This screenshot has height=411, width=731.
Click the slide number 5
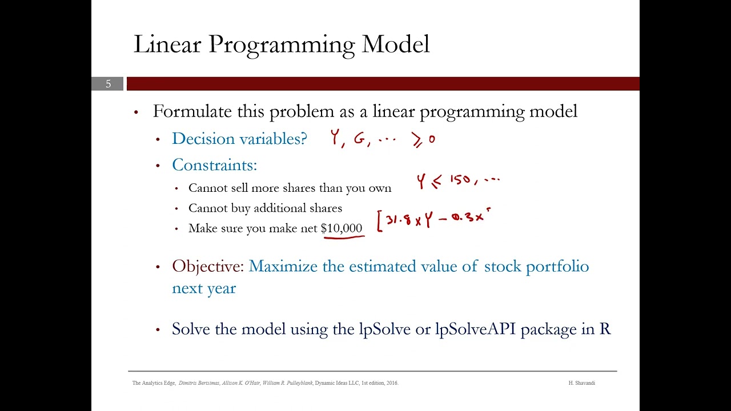pyautogui.click(x=108, y=84)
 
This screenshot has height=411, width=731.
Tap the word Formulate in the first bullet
pyautogui.click(x=192, y=111)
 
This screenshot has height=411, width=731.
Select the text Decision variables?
pyautogui.click(x=239, y=139)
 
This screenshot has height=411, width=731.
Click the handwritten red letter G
pyautogui.click(x=360, y=139)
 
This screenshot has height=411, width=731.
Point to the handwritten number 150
pyautogui.click(x=460, y=180)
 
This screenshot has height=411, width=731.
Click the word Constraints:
pyautogui.click(x=214, y=165)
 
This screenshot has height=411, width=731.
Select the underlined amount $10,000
pyautogui.click(x=342, y=228)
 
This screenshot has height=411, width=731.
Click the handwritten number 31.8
pyautogui.click(x=399, y=219)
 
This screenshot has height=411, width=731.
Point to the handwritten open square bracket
pyautogui.click(x=379, y=221)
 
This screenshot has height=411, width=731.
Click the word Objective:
pyautogui.click(x=208, y=267)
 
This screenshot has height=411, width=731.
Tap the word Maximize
pyautogui.click(x=283, y=267)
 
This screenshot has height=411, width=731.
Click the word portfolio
pyautogui.click(x=557, y=267)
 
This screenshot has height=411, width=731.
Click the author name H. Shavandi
pyautogui.click(x=581, y=383)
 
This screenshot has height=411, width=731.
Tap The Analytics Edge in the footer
pyautogui.click(x=154, y=383)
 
